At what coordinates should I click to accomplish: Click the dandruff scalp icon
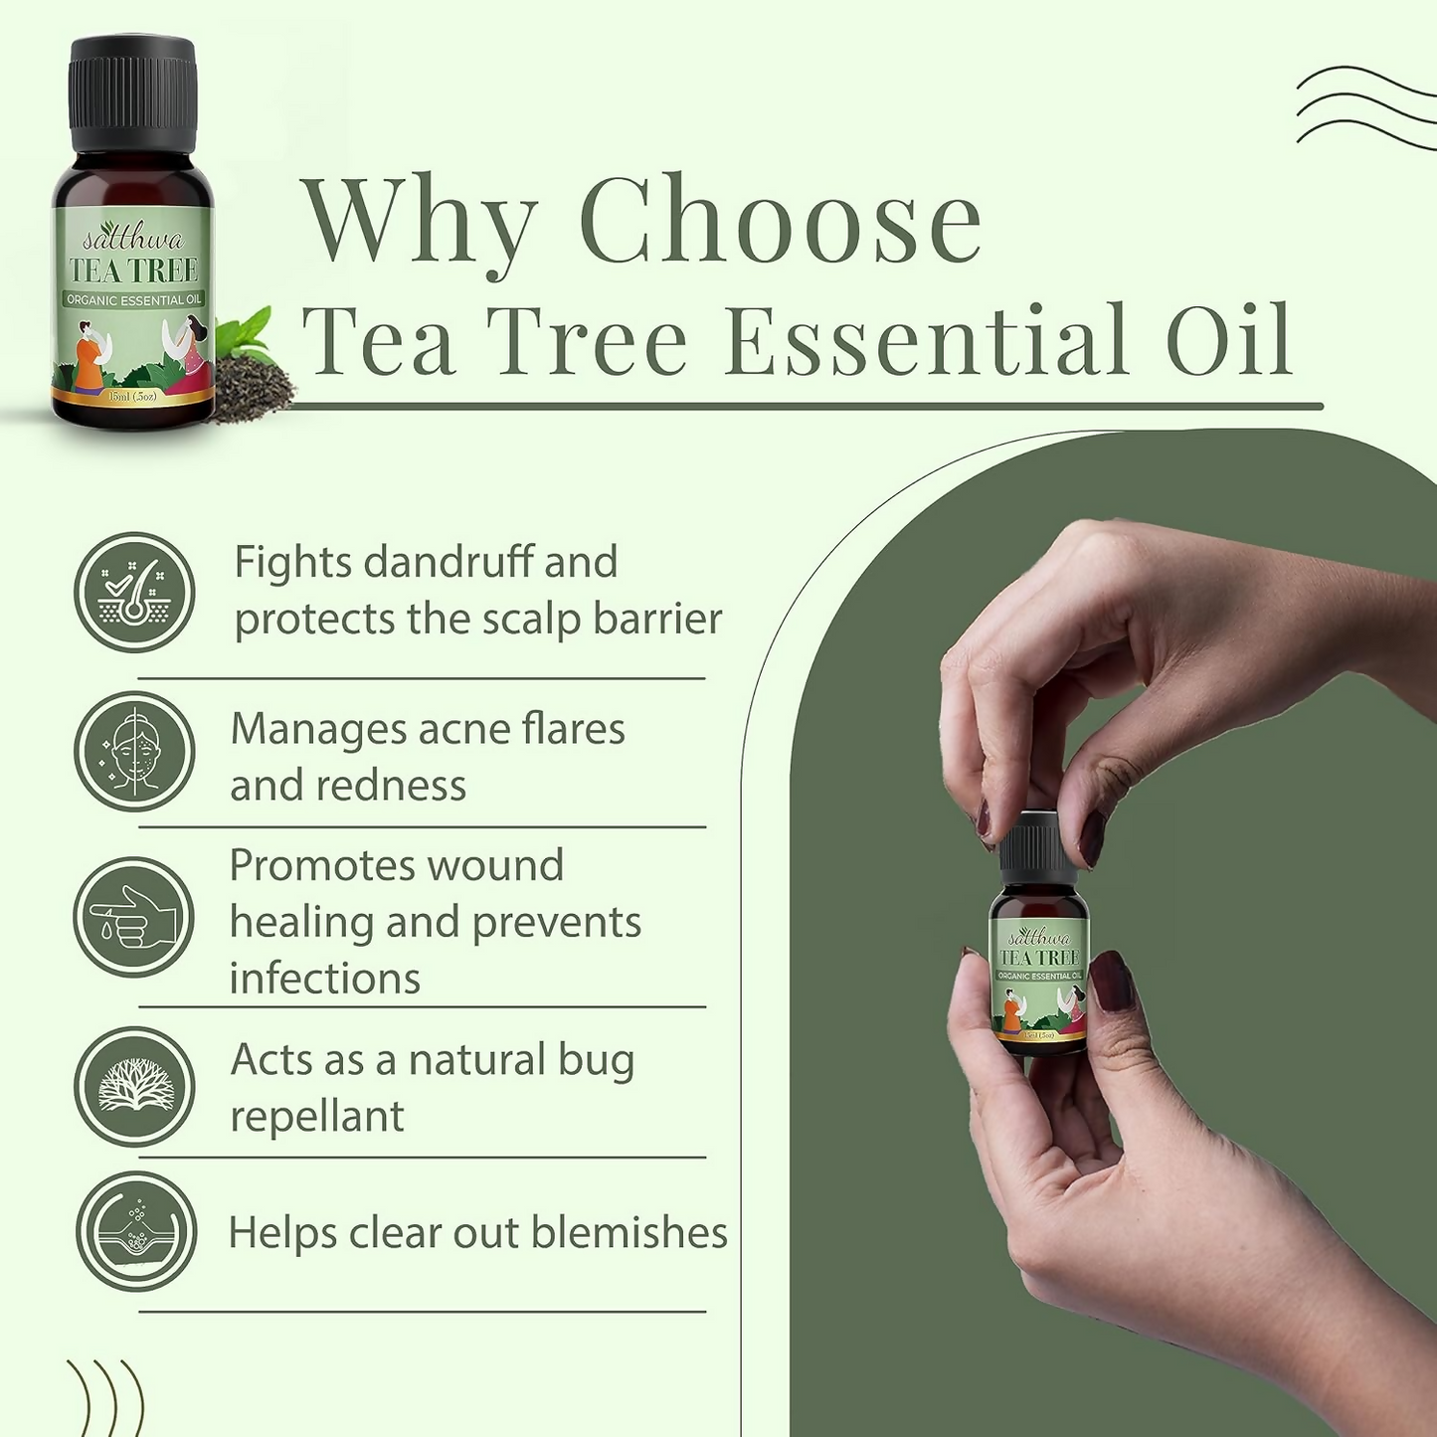pyautogui.click(x=134, y=592)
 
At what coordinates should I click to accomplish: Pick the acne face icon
pyautogui.click(x=134, y=751)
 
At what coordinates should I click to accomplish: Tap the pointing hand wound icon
pyautogui.click(x=134, y=917)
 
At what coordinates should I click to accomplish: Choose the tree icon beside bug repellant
pyautogui.click(x=135, y=1086)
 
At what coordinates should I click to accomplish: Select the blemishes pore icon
pyautogui.click(x=136, y=1231)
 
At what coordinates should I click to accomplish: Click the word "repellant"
pyautogui.click(x=317, y=1116)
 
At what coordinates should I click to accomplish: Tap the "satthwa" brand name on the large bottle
pyautogui.click(x=133, y=240)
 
